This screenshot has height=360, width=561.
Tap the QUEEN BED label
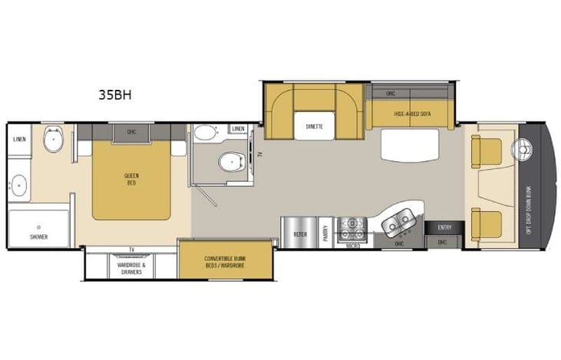click(131, 179)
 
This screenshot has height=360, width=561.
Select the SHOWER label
click(39, 236)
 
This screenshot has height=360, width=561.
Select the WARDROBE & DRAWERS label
click(131, 268)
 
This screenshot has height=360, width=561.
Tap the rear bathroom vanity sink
click(18, 185)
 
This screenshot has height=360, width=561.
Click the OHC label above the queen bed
click(131, 130)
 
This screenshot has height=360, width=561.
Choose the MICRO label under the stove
click(351, 246)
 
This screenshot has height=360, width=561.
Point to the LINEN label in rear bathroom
click(20, 139)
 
